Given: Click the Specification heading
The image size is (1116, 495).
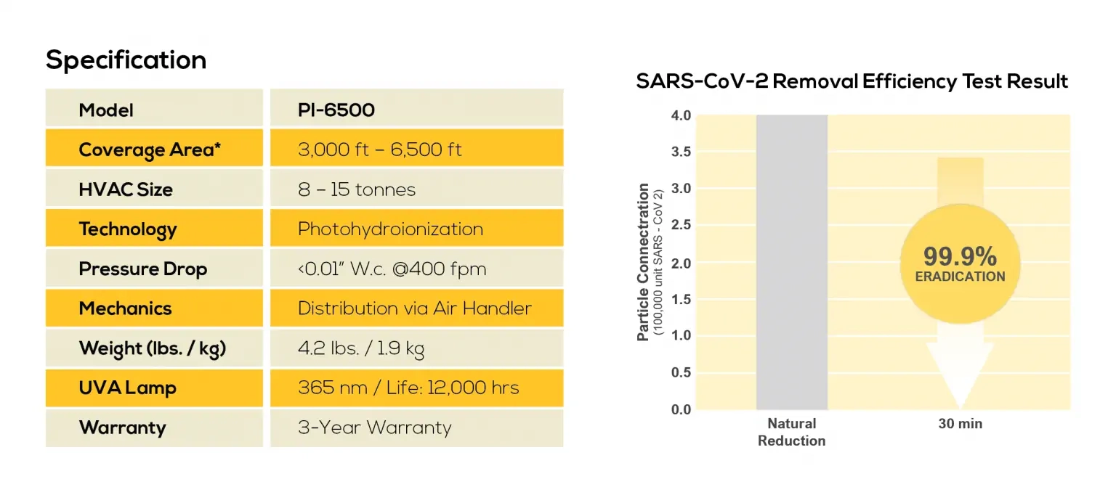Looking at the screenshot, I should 126,60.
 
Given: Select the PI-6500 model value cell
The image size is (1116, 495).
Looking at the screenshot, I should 416,110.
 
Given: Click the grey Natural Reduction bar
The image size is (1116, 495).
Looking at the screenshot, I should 791,262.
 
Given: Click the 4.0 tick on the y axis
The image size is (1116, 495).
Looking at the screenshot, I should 681,115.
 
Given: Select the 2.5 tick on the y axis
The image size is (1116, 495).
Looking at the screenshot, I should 681,226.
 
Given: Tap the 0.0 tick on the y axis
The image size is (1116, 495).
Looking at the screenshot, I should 681,409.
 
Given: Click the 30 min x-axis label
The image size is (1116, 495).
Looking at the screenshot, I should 960,424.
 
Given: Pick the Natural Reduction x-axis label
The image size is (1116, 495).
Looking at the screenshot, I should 791,432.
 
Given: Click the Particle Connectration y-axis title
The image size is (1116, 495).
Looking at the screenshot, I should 643,262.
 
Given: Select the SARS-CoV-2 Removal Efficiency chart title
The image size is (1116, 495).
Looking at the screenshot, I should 852,81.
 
